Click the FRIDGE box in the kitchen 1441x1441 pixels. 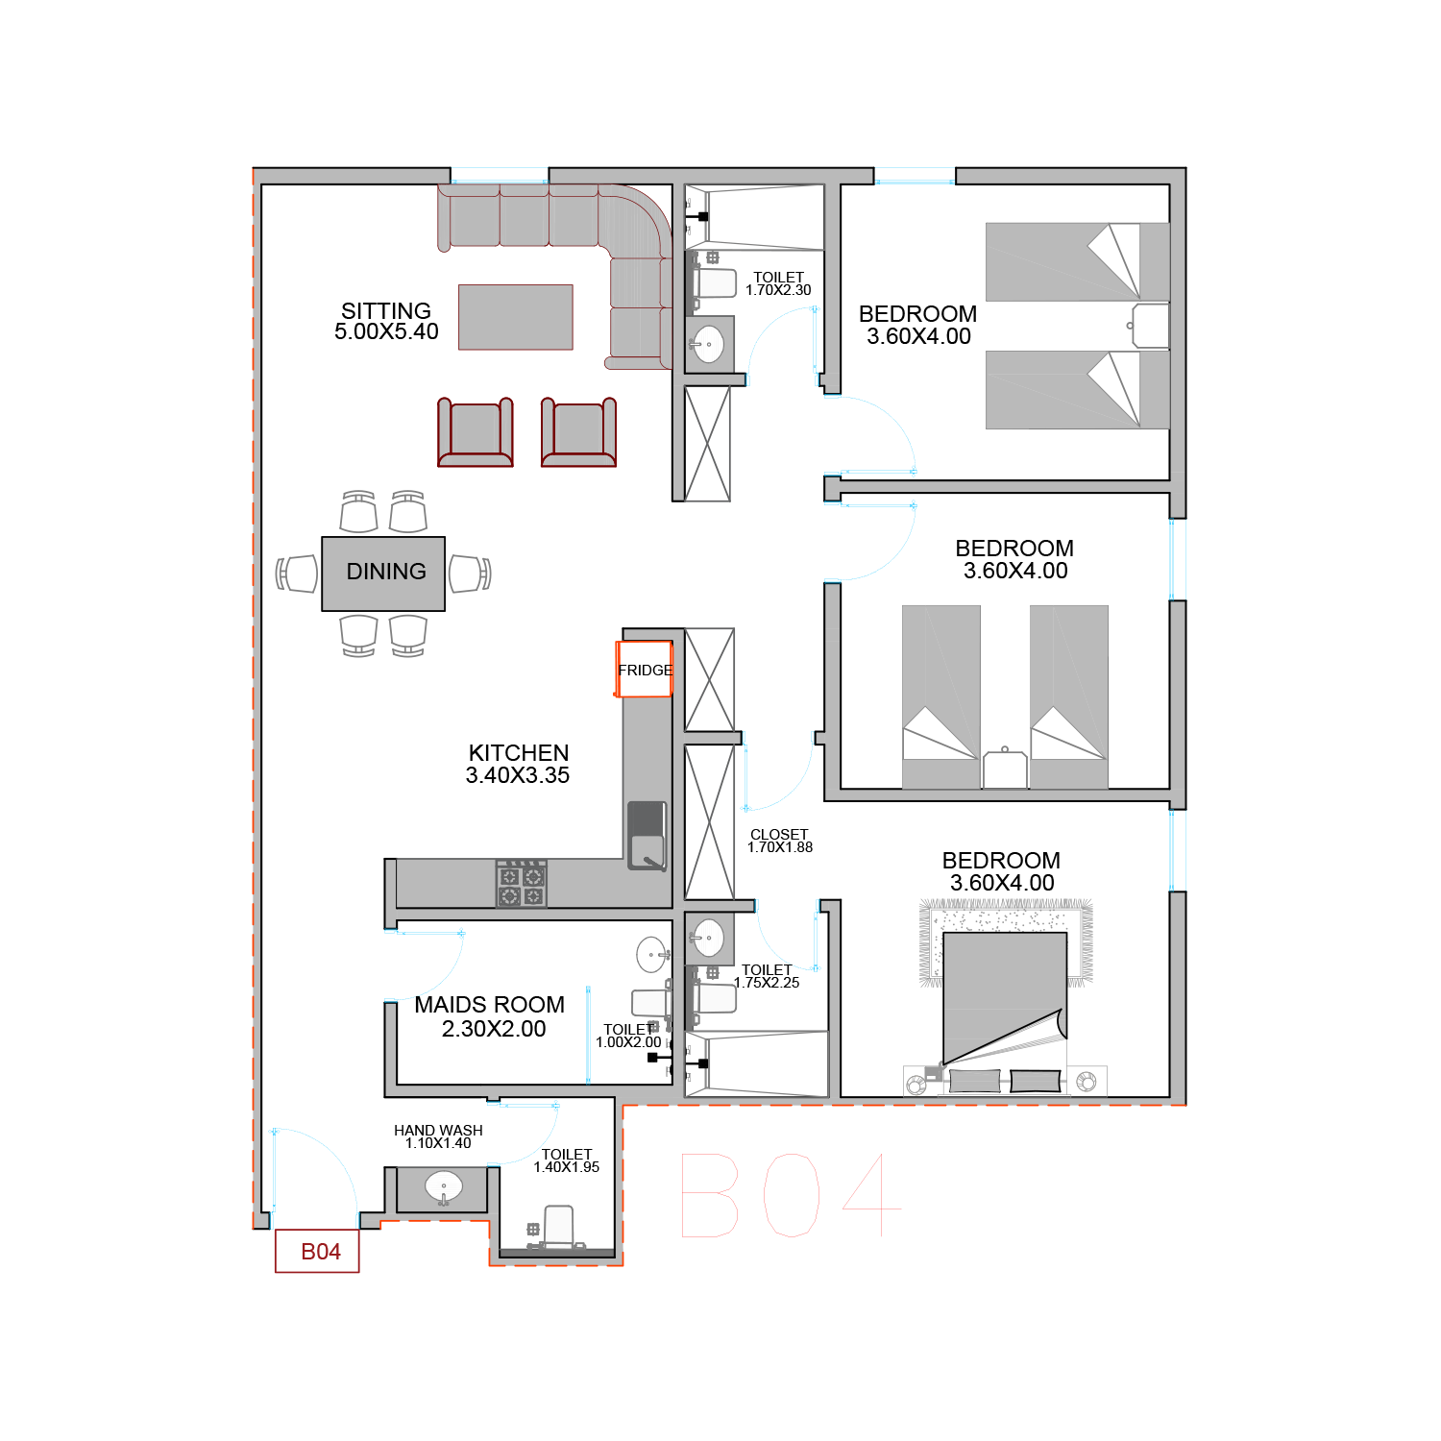tap(644, 669)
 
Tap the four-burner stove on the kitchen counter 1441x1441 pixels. tap(522, 884)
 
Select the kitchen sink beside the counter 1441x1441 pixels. tap(647, 836)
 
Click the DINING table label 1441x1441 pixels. tap(386, 572)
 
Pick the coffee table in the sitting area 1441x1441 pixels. tap(516, 317)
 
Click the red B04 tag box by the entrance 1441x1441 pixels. tap(317, 1251)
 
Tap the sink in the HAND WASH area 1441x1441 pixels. tap(443, 1188)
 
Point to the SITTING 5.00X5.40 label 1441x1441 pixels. tap(386, 321)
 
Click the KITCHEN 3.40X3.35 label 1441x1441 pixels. tap(518, 764)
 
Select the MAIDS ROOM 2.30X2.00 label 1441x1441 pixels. tap(490, 1016)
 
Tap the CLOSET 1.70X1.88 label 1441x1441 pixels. tap(780, 841)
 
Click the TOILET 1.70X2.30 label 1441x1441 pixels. tap(778, 283)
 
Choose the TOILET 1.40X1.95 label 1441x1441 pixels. tap(567, 1160)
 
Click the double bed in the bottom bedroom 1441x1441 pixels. tap(1005, 999)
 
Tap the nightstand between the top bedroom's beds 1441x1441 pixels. tap(1151, 327)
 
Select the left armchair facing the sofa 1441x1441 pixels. tap(476, 432)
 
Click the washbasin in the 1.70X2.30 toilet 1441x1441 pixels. tap(709, 344)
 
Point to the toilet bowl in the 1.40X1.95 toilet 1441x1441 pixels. tap(558, 1227)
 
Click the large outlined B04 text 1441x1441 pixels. tap(792, 1195)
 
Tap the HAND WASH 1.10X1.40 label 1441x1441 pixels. tap(438, 1136)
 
